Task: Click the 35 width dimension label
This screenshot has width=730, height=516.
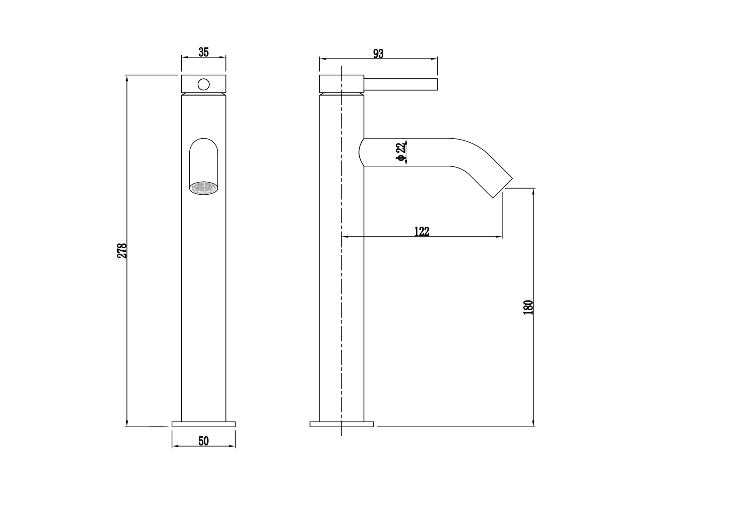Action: click(x=203, y=52)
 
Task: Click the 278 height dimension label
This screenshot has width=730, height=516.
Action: click(x=122, y=250)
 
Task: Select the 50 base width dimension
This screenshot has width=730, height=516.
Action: click(x=203, y=441)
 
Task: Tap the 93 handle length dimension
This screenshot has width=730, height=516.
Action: click(x=378, y=54)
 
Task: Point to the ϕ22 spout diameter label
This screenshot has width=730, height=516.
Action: click(x=400, y=152)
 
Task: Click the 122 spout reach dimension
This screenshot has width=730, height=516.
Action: click(x=422, y=231)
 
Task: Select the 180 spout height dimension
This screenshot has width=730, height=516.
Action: click(x=528, y=307)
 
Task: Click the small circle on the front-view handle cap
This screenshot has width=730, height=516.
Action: click(x=203, y=85)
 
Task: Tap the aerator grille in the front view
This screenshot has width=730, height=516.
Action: click(x=203, y=188)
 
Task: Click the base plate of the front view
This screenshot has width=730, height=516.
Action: click(x=203, y=424)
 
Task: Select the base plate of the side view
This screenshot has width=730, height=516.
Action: click(x=341, y=424)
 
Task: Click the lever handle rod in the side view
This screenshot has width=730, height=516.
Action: click(x=400, y=84)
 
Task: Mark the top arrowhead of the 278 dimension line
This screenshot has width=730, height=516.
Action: click(x=127, y=78)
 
